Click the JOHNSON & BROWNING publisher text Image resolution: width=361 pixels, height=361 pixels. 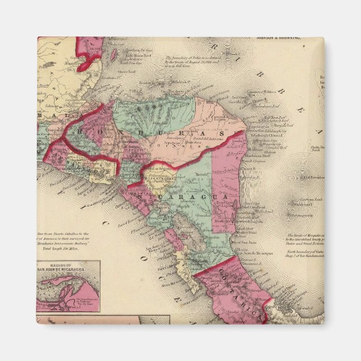click(278, 39)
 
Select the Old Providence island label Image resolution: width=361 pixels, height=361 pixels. click(312, 178)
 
